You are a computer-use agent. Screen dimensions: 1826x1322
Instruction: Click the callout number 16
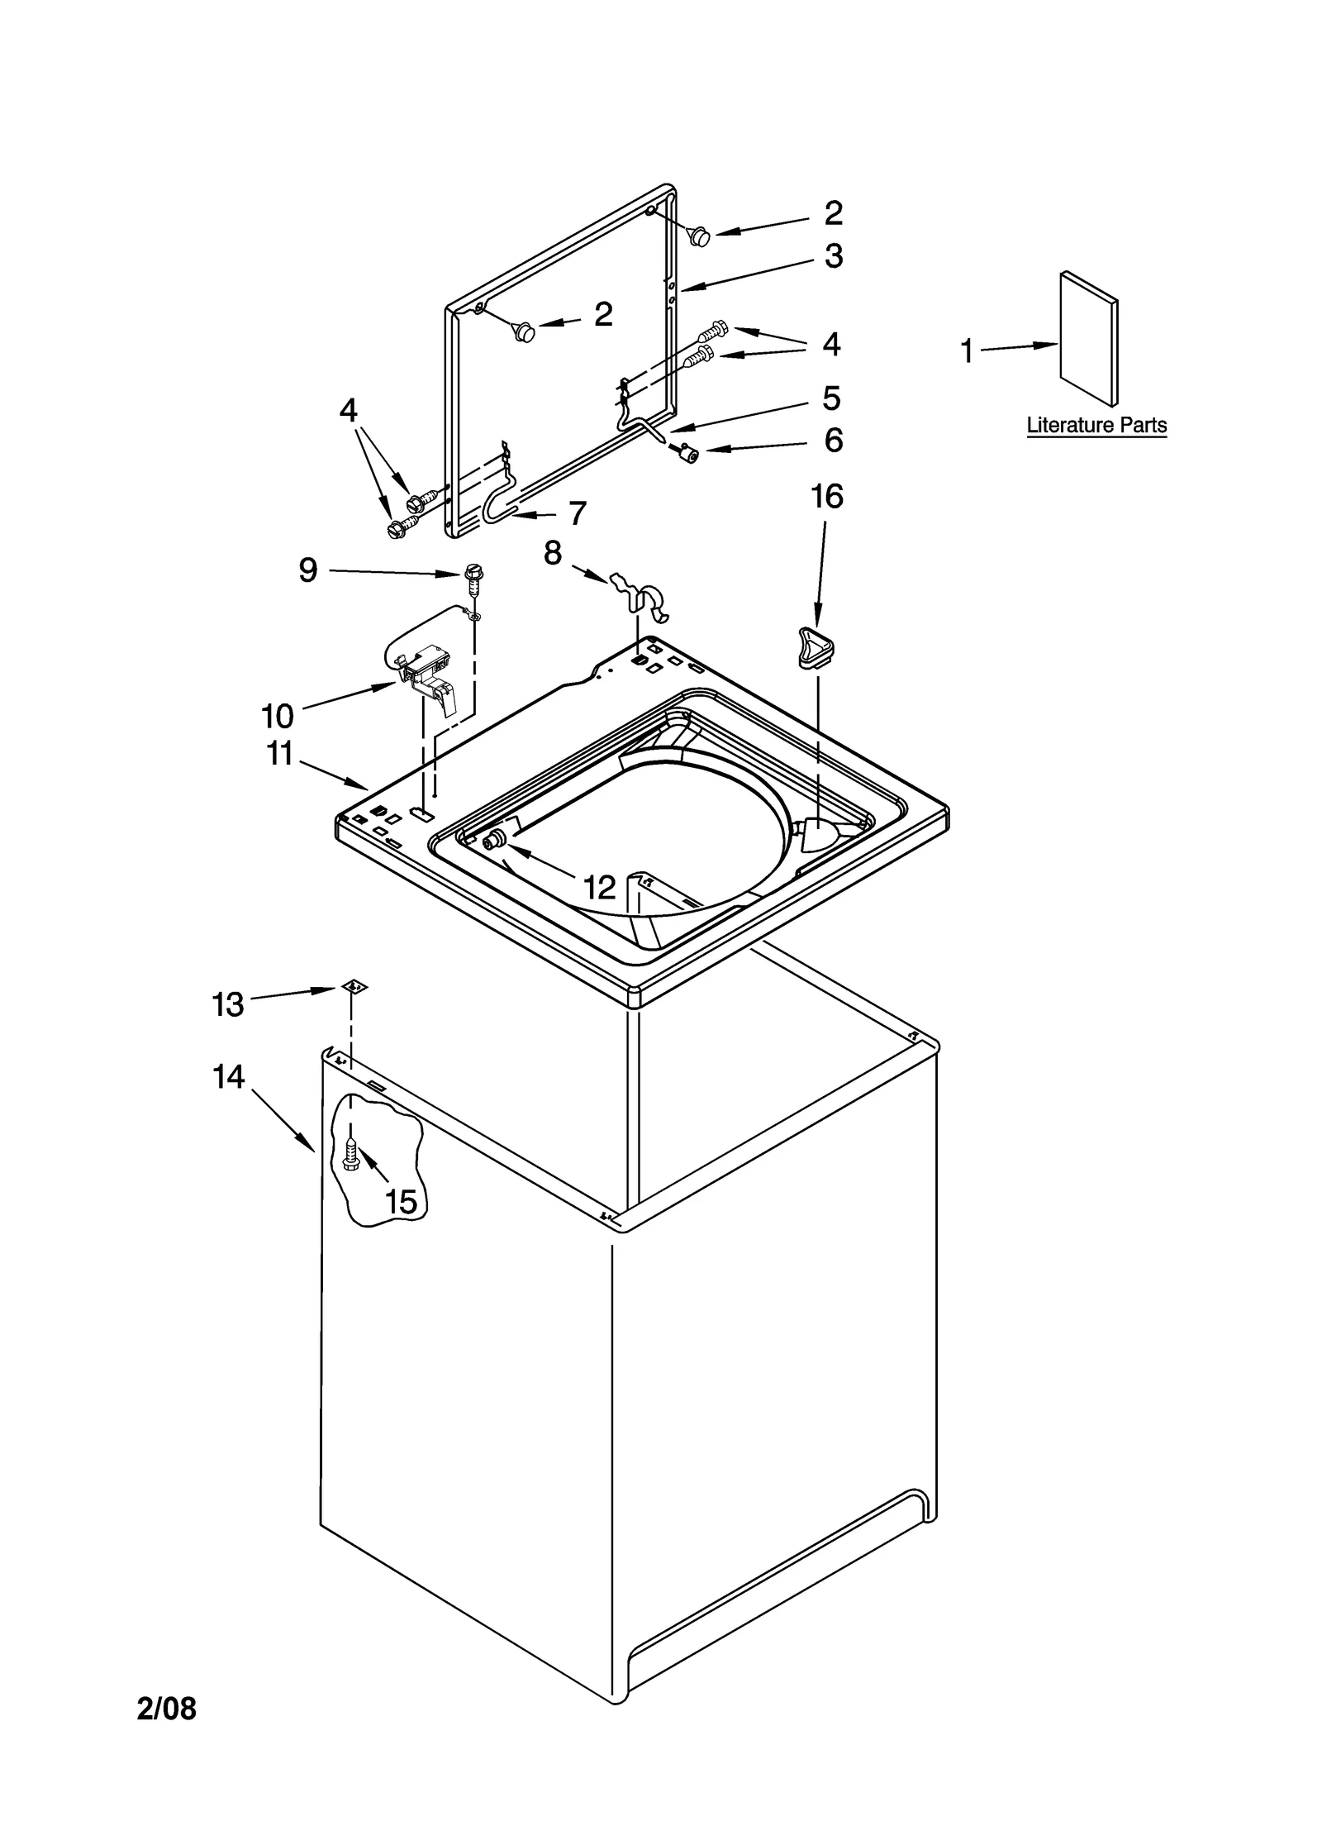[826, 498]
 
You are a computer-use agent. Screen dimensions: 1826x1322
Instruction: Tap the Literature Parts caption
[1096, 427]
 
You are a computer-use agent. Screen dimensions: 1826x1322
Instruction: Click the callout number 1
[966, 351]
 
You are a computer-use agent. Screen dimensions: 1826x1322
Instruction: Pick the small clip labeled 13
[354, 987]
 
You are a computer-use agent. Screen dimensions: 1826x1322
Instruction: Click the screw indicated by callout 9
[473, 576]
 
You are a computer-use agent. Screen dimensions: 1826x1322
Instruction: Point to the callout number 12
[600, 888]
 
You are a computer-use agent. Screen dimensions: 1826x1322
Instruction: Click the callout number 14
[229, 1078]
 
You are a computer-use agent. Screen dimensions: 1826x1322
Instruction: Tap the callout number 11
[279, 753]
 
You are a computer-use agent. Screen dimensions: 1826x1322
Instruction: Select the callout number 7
[577, 514]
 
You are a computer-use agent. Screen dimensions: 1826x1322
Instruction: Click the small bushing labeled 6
[685, 452]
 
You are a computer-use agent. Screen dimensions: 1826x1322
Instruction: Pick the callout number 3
[833, 256]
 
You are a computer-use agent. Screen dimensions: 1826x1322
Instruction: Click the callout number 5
[831, 398]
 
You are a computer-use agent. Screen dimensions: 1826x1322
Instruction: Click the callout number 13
[228, 1004]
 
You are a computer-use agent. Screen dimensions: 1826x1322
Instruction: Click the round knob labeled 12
[493, 841]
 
